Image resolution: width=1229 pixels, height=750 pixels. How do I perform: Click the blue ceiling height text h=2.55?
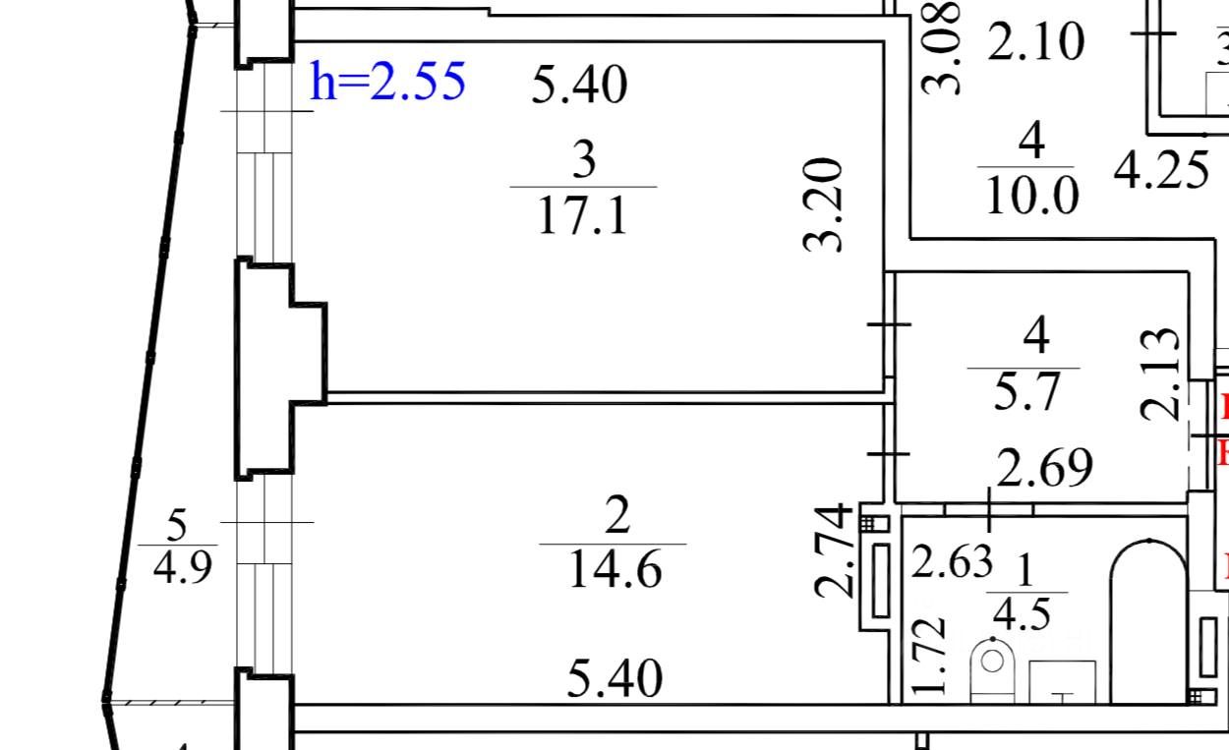click(387, 82)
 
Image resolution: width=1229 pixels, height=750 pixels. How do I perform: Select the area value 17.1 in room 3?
click(583, 216)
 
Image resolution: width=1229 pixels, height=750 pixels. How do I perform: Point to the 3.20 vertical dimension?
click(825, 204)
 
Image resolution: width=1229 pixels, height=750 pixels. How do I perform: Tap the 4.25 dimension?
click(1160, 171)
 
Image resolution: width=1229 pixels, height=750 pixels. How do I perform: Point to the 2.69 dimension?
click(1044, 469)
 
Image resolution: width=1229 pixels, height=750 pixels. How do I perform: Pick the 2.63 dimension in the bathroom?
click(952, 563)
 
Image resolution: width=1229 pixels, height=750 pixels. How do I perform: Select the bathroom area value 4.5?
click(1023, 615)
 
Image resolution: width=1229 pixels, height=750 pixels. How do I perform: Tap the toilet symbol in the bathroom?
click(993, 668)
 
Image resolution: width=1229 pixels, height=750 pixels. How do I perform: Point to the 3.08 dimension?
click(942, 46)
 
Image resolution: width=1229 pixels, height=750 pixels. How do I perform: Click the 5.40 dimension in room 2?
click(615, 679)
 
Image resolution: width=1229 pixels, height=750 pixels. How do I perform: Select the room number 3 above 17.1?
click(584, 160)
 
